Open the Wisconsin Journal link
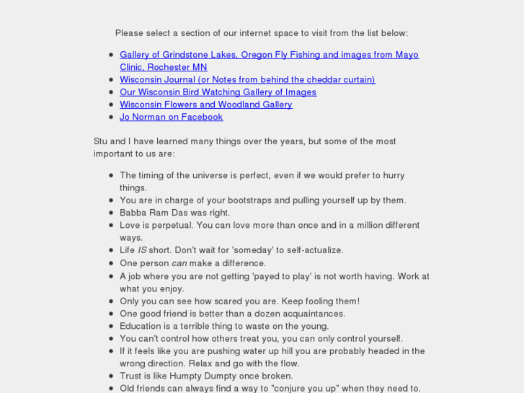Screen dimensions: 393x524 [247, 79]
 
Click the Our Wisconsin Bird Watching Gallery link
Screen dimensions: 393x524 [218, 92]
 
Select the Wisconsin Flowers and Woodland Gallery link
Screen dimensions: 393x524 [205, 105]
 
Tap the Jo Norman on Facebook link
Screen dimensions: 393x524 [171, 117]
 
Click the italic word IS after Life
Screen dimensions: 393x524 [142, 250]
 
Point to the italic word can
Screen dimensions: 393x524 [179, 263]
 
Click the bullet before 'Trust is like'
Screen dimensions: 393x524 [111, 376]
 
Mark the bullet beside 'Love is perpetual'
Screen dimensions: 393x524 [111, 226]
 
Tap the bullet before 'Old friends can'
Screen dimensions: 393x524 [111, 389]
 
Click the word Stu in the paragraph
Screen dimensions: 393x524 [101, 141]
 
